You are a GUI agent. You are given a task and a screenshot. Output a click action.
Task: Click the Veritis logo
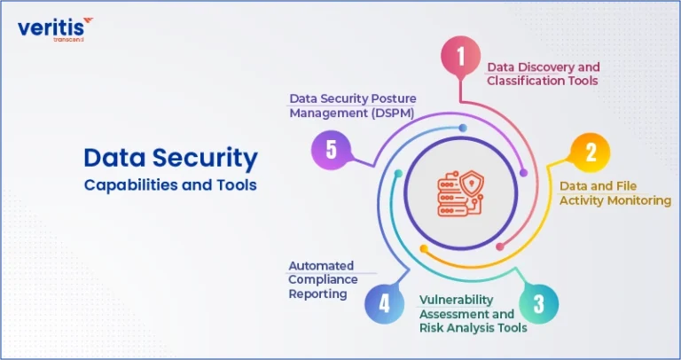55,29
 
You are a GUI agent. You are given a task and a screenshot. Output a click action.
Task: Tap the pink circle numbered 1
461,56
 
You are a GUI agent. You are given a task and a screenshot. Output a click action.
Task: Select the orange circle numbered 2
591,153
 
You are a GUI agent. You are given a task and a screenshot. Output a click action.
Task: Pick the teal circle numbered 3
538,304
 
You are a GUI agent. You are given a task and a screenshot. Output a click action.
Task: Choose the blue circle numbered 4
384,303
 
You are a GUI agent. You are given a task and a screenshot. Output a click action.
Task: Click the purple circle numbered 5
331,150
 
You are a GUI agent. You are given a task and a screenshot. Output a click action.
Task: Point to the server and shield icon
460,193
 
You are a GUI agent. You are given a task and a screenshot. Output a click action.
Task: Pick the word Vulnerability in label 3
456,300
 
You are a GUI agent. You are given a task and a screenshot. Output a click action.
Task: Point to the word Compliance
323,279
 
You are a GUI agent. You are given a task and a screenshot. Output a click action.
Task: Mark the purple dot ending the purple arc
523,173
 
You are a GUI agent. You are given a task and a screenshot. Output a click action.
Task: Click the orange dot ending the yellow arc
424,249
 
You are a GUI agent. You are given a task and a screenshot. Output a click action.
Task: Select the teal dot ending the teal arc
398,173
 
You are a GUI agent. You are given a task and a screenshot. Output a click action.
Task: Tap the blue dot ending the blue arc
463,128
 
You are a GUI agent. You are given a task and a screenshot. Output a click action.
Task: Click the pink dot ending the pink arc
500,247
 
